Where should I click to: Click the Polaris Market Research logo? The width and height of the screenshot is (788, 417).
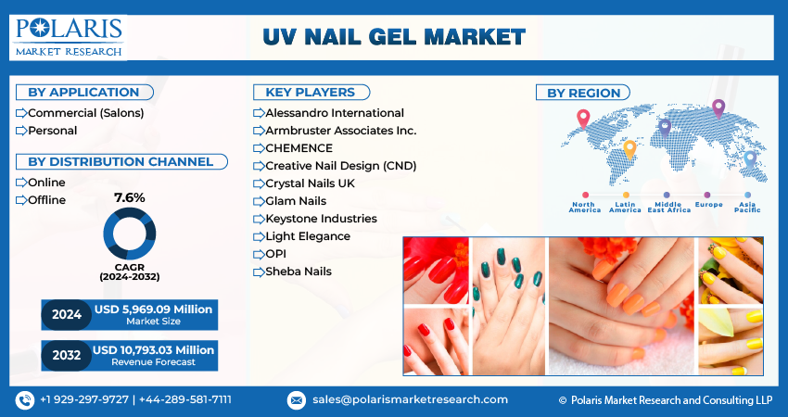click(x=69, y=37)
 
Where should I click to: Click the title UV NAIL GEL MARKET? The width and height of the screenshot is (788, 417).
click(x=394, y=37)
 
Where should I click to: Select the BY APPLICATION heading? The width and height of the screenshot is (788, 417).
click(x=84, y=93)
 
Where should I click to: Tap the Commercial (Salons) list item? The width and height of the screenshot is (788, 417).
click(x=86, y=113)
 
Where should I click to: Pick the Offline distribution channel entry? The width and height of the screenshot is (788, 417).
click(x=46, y=200)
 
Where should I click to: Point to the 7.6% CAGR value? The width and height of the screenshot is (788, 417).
click(x=129, y=198)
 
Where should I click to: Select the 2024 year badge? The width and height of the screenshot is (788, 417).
click(x=67, y=315)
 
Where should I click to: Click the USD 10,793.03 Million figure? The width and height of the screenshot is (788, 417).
click(x=153, y=349)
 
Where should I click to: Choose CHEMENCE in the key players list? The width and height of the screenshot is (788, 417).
click(x=299, y=148)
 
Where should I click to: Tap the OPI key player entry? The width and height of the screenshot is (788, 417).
click(x=276, y=254)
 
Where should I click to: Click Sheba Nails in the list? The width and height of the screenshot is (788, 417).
click(x=299, y=272)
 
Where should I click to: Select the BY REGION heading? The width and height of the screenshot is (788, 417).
click(x=583, y=93)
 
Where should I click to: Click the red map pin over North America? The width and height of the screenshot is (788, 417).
click(x=583, y=119)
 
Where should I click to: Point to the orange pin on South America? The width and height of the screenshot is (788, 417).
click(x=629, y=150)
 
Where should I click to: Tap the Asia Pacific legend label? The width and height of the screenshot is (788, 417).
click(x=747, y=207)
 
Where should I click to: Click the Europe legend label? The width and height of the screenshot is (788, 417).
click(x=708, y=205)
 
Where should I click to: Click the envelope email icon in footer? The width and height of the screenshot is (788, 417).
click(x=296, y=400)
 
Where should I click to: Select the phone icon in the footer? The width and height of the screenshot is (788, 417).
click(x=25, y=400)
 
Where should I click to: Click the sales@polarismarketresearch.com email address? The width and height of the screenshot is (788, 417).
click(x=410, y=400)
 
